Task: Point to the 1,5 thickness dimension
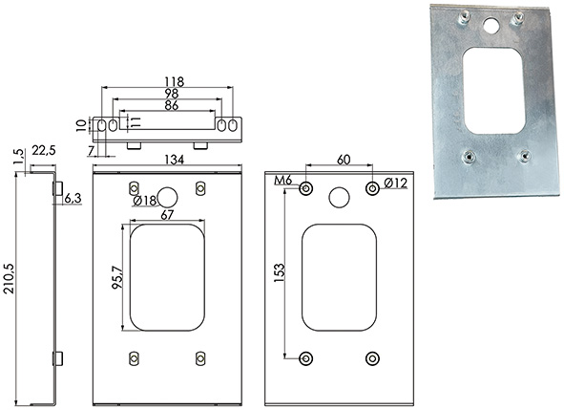pos(19,157)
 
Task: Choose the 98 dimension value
pos(171,94)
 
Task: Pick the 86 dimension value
pos(171,105)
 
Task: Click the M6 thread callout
pos(282,181)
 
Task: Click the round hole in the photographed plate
pos(491,27)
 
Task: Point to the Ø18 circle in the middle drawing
pos(167,197)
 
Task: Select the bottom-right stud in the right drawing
pos(372,358)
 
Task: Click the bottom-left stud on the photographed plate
pos(468,158)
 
